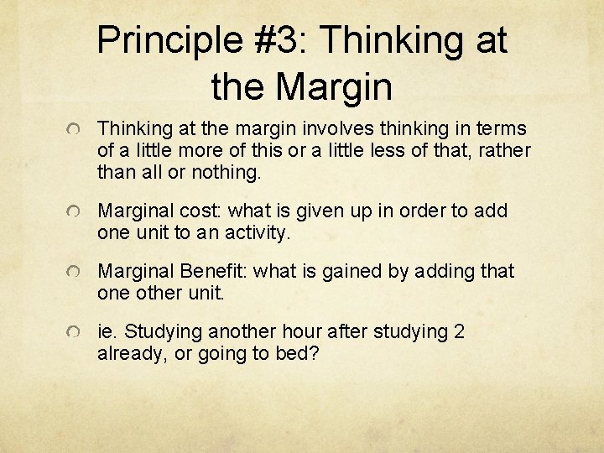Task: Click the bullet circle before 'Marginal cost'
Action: (75, 212)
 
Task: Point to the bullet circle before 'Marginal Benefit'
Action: (75, 273)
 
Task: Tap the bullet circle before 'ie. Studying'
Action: (75, 333)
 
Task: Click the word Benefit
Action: (210, 271)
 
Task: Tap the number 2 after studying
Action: (458, 331)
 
